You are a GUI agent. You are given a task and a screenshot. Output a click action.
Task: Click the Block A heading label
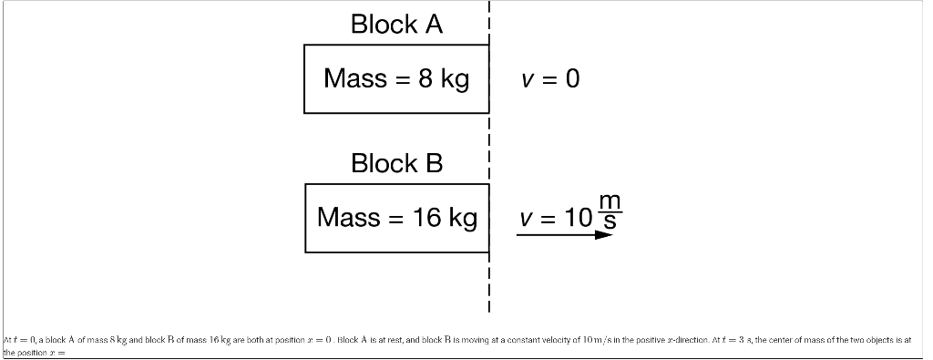pyautogui.click(x=396, y=25)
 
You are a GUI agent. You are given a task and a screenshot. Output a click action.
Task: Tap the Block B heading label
pyautogui.click(x=396, y=164)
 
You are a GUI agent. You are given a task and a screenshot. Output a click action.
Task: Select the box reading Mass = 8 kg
pyautogui.click(x=396, y=79)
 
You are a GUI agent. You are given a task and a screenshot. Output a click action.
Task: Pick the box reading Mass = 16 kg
pyautogui.click(x=396, y=218)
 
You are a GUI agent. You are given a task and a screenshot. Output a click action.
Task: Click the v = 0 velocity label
pyautogui.click(x=549, y=79)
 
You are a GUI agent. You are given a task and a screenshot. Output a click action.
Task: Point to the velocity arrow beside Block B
pyautogui.click(x=565, y=234)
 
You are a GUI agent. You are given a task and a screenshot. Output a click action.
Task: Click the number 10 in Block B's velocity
pyautogui.click(x=577, y=219)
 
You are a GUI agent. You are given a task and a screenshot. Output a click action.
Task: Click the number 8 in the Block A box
pyautogui.click(x=425, y=79)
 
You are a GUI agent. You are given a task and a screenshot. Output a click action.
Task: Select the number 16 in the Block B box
pyautogui.click(x=426, y=218)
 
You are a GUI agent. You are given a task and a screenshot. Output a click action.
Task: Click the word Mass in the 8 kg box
pyautogui.click(x=354, y=79)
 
